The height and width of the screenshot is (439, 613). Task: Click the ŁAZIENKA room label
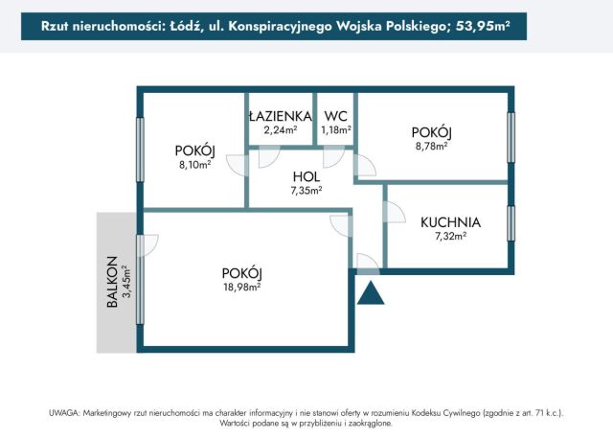[280, 117]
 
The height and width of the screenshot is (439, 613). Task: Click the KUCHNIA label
[450, 222]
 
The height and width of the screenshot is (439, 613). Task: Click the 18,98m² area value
[241, 285]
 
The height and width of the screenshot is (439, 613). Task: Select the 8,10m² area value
[193, 164]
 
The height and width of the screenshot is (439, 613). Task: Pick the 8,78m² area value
[431, 146]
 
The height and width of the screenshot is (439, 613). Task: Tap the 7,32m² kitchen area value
[450, 236]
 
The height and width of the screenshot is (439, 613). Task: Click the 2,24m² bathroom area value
[280, 130]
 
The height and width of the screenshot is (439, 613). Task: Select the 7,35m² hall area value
[306, 191]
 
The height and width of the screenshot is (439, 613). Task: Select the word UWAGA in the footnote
[65, 412]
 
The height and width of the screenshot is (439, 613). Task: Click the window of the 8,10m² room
[141, 149]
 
